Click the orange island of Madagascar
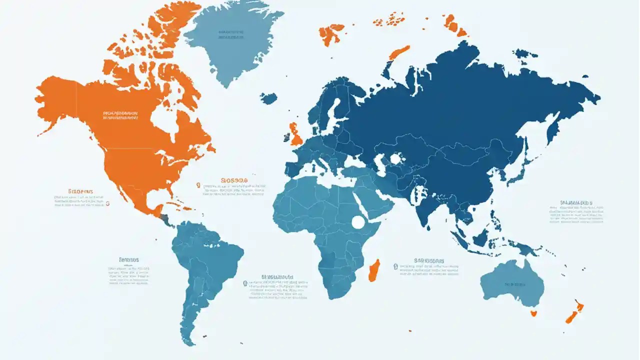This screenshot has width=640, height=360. (374, 270)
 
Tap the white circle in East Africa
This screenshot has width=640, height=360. (358, 222)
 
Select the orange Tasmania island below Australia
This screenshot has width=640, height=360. (533, 313)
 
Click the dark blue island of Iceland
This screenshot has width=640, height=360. (268, 98)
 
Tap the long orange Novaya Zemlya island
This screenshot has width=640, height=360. (398, 52)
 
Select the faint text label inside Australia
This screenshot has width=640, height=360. (515, 284)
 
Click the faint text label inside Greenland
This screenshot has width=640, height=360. (231, 34)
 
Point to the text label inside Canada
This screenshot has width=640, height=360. (120, 116)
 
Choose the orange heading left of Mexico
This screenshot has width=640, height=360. (80, 191)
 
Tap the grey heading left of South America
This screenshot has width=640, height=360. (128, 260)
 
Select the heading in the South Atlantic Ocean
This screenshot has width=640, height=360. (277, 276)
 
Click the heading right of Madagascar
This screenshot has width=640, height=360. (429, 260)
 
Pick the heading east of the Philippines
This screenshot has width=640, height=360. (576, 203)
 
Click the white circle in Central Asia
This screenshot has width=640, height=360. (396, 159)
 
